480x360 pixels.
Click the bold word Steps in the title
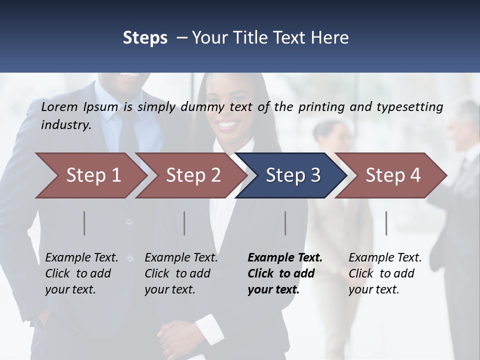click(145, 37)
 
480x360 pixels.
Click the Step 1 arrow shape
click(93, 175)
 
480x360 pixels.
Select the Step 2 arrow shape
click(193, 175)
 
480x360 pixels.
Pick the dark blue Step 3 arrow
click(293, 175)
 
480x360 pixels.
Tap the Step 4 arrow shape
click(393, 175)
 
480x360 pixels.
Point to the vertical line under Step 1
click(84, 223)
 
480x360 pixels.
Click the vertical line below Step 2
click(184, 223)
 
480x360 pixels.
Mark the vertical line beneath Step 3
click(285, 223)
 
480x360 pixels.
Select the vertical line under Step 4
click(386, 223)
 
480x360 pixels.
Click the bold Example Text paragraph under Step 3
click(284, 273)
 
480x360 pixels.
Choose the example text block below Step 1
click(81, 273)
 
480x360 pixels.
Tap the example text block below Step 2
click(180, 273)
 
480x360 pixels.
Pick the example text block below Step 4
click(384, 273)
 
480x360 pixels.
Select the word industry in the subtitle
click(65, 125)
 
